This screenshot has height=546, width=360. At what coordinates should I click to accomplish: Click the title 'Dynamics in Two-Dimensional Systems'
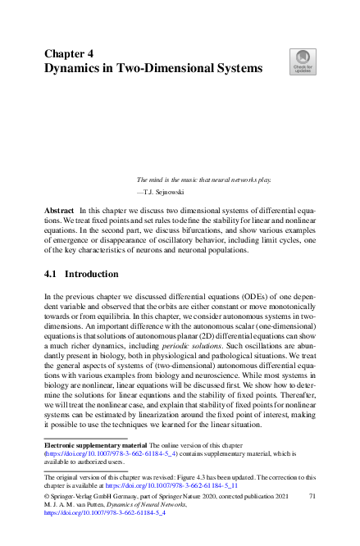coord(153,69)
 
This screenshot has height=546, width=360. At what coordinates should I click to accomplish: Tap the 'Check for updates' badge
coord(302,61)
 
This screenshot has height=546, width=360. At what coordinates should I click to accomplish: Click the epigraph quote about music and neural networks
coord(203,179)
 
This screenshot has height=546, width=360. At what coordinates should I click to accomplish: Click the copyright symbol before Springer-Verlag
coord(47,497)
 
